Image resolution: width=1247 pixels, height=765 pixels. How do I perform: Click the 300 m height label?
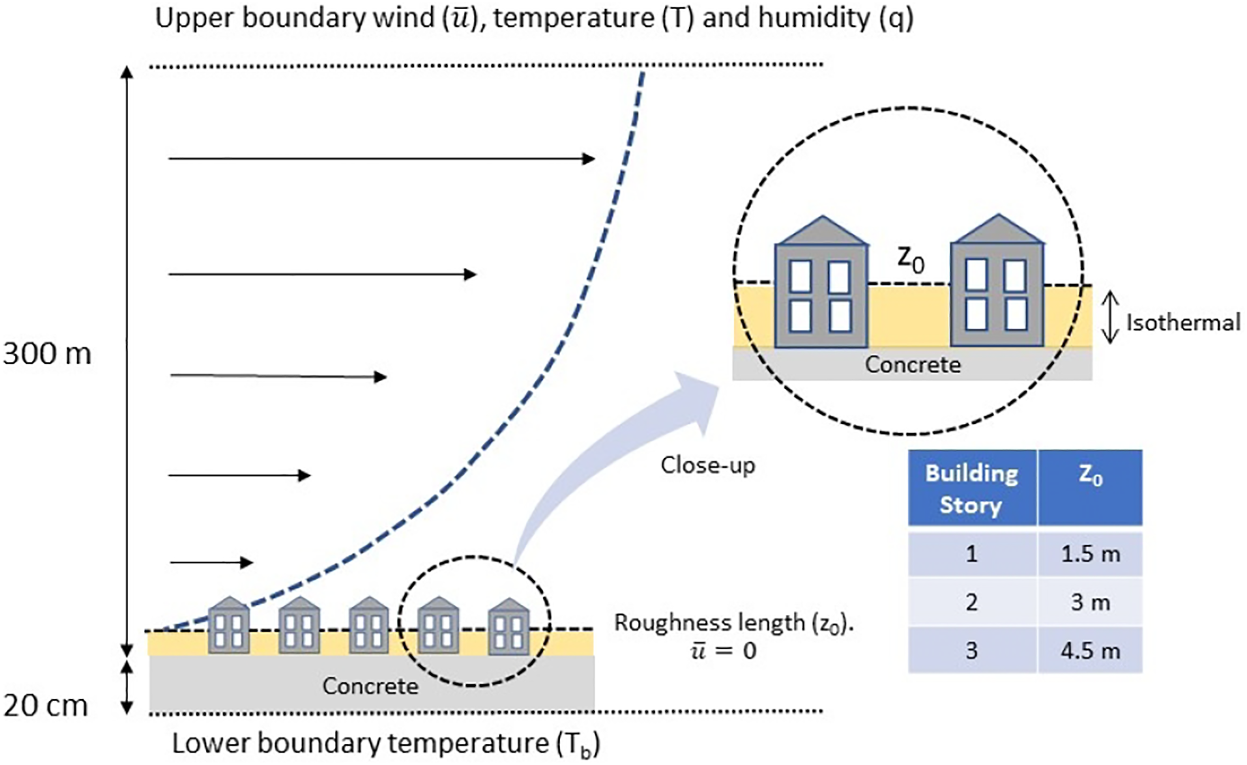point(47,353)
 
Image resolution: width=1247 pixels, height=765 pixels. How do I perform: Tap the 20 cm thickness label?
point(46,705)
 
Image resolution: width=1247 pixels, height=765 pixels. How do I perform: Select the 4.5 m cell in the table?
point(1090,651)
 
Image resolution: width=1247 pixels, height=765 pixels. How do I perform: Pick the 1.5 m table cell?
point(1090,554)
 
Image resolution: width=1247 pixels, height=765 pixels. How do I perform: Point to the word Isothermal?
point(1183,323)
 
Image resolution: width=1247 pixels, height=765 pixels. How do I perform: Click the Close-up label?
point(707,465)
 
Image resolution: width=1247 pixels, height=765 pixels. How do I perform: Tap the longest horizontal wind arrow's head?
point(588,159)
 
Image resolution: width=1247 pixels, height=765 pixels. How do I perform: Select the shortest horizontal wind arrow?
point(211,562)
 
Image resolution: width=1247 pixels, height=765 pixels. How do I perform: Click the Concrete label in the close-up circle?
point(913,365)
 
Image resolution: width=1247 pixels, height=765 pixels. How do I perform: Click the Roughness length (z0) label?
point(734,623)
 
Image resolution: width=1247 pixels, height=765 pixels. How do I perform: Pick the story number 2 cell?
point(972,602)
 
